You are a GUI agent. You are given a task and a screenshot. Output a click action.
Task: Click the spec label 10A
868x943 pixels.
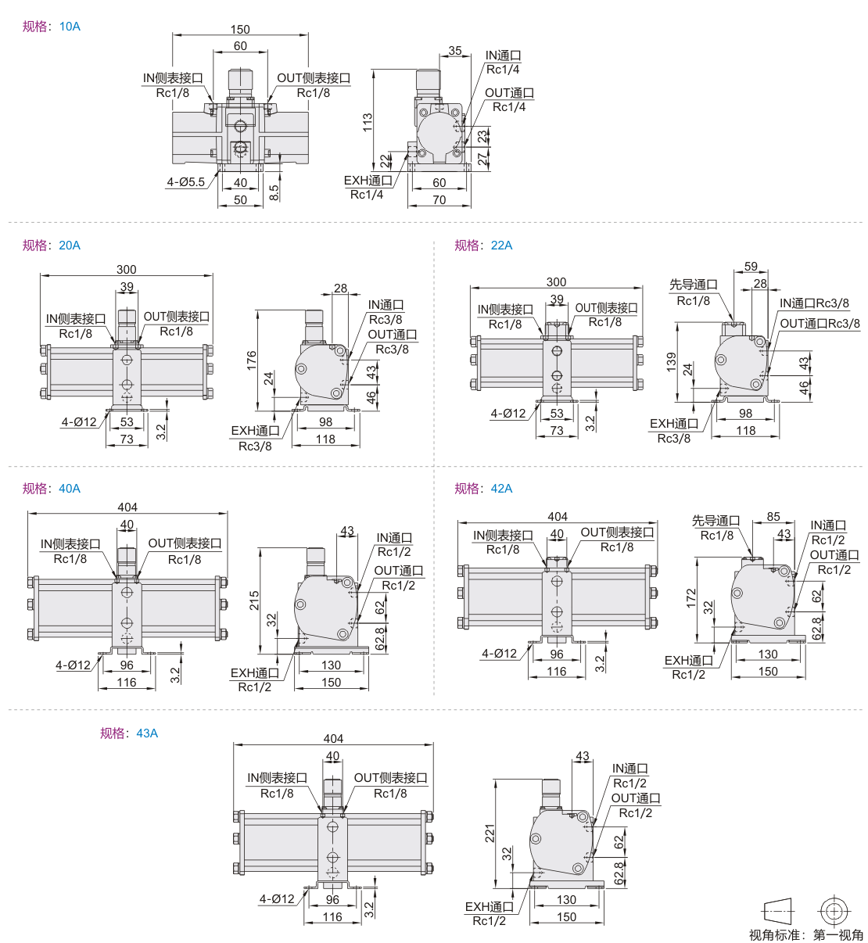(70, 27)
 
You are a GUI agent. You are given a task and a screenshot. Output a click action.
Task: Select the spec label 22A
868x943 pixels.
(501, 246)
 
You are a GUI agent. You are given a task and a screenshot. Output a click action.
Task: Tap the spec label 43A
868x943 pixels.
(147, 733)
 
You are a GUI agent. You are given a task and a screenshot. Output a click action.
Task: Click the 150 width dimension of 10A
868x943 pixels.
(240, 30)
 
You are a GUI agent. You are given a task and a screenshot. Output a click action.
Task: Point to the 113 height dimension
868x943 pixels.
(368, 122)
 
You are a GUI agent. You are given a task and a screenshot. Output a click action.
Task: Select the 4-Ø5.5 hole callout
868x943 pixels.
(185, 182)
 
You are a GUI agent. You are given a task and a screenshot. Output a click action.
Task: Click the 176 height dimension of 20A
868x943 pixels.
(252, 360)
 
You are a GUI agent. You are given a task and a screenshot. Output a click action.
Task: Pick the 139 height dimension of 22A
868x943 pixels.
(671, 362)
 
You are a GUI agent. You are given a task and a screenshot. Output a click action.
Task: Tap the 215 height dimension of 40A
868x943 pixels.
(254, 601)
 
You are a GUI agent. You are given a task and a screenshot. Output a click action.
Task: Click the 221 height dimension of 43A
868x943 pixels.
(490, 834)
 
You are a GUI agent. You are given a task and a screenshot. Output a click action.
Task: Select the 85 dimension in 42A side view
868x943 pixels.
(773, 517)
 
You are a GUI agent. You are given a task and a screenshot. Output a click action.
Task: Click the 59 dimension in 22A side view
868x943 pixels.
(751, 267)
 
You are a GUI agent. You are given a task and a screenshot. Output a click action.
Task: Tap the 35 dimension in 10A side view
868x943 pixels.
(455, 51)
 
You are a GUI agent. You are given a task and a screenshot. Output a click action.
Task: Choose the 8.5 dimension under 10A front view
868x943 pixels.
(274, 192)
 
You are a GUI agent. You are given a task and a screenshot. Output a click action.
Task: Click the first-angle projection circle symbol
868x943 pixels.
(834, 911)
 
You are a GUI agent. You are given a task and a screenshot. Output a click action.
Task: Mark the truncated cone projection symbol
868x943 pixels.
(777, 911)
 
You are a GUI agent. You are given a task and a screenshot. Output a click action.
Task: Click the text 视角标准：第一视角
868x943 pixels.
(805, 935)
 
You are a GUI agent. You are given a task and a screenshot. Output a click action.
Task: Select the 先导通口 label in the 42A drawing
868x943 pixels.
(716, 521)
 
